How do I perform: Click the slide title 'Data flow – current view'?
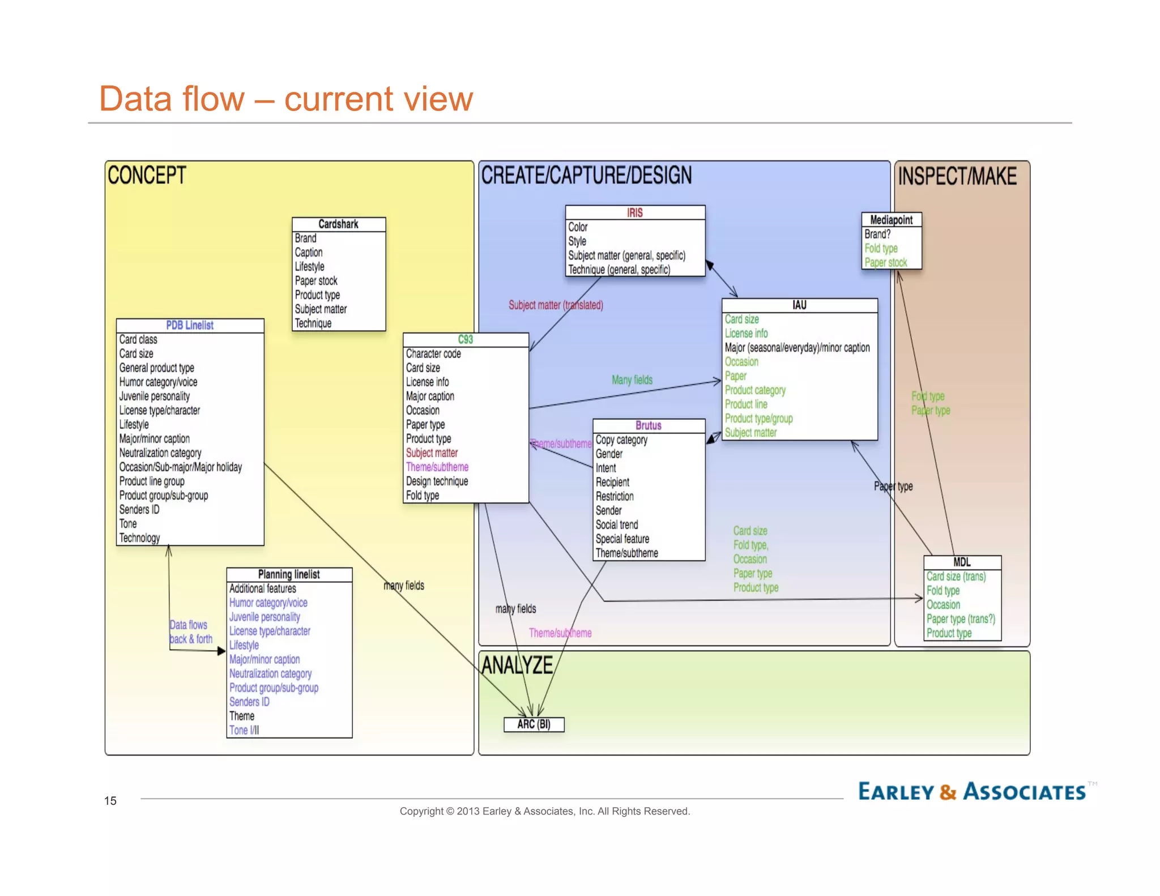click(285, 99)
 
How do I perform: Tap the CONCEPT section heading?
click(147, 175)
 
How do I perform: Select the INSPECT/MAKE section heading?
click(957, 176)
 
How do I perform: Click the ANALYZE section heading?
click(517, 665)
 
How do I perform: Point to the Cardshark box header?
click(338, 224)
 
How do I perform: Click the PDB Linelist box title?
click(190, 325)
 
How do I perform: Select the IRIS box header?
click(634, 212)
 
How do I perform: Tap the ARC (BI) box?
click(534, 724)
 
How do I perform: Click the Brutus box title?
click(648, 425)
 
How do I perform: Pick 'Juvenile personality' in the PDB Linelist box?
click(154, 396)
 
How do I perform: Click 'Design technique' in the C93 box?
click(437, 481)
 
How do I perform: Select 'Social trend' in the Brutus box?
click(616, 524)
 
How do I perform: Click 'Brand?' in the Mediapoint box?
click(877, 234)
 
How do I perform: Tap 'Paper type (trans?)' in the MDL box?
click(960, 618)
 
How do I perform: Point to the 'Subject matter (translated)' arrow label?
click(555, 305)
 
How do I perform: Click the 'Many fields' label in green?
click(632, 379)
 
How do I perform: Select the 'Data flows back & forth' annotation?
click(191, 632)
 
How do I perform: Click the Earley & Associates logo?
click(971, 791)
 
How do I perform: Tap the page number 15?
click(110, 800)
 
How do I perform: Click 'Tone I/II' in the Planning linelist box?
click(244, 730)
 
